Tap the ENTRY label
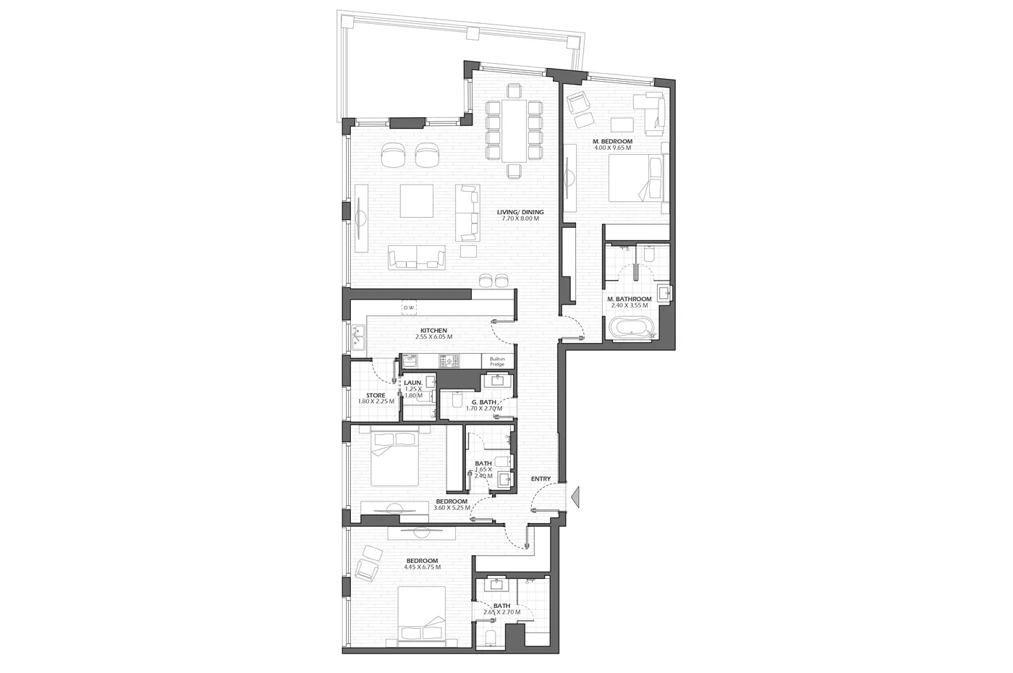click(541, 478)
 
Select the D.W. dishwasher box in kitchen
click(409, 308)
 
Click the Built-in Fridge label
click(497, 361)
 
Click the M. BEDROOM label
click(613, 142)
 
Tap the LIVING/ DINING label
click(520, 212)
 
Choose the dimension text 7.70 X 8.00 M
click(520, 219)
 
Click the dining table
click(514, 131)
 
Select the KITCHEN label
click(433, 331)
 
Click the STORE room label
click(376, 395)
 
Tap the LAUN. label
click(413, 383)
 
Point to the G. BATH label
click(484, 402)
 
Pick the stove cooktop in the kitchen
click(448, 361)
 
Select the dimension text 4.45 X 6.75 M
click(423, 567)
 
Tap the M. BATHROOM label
click(629, 299)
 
